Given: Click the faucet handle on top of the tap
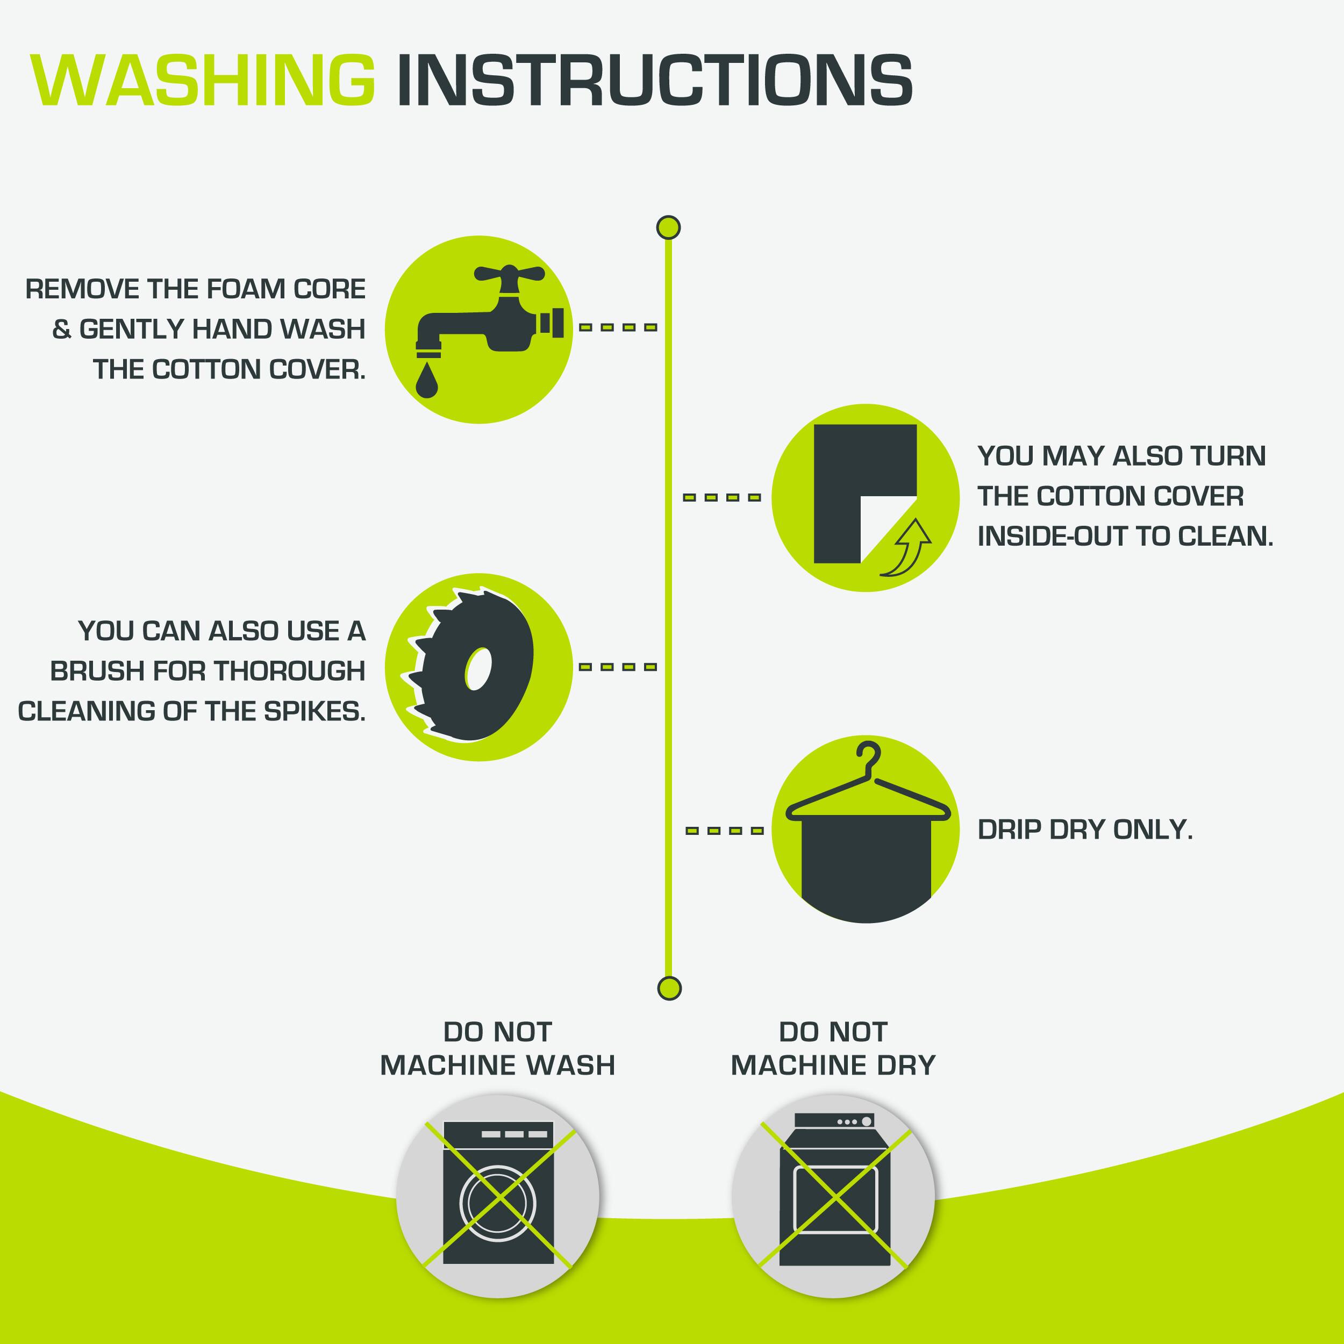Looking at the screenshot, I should point(509,274).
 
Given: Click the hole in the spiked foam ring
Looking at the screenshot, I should point(477,669).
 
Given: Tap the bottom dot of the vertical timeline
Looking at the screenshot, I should point(669,988).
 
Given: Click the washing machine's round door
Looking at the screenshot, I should point(498,1202).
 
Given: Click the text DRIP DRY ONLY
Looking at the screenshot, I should point(1085,830).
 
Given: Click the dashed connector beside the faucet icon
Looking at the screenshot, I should point(618,327).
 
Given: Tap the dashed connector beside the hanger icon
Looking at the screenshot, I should point(724,831).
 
